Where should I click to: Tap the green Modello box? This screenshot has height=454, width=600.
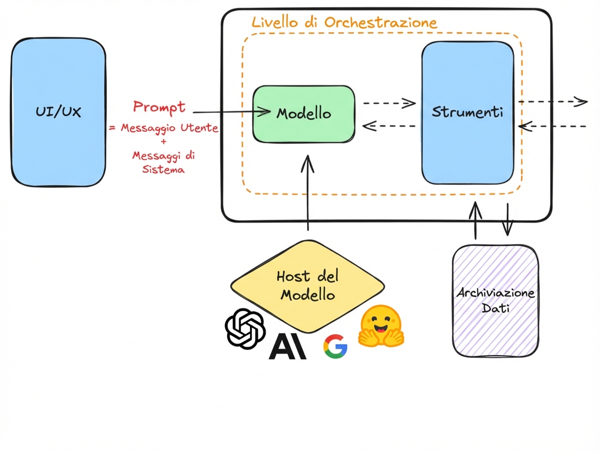(x=304, y=113)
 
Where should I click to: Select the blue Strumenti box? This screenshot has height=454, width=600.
(x=467, y=112)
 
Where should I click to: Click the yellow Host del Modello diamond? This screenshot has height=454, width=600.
(x=307, y=285)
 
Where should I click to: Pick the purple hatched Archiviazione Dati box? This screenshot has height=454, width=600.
(x=495, y=300)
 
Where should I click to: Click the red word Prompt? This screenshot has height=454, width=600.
(x=159, y=107)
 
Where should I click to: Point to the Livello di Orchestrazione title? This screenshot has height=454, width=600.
(x=344, y=22)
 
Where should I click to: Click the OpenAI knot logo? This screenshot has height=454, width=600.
(x=245, y=328)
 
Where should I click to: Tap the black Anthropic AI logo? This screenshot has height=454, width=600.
(x=287, y=347)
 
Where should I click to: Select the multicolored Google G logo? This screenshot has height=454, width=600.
(x=335, y=347)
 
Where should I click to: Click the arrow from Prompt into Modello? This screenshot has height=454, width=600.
(x=231, y=112)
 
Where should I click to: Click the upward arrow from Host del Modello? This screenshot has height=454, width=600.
(x=308, y=193)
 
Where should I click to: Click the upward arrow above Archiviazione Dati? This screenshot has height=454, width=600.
(x=475, y=220)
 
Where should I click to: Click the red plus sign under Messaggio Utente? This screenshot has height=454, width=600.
(x=163, y=142)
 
